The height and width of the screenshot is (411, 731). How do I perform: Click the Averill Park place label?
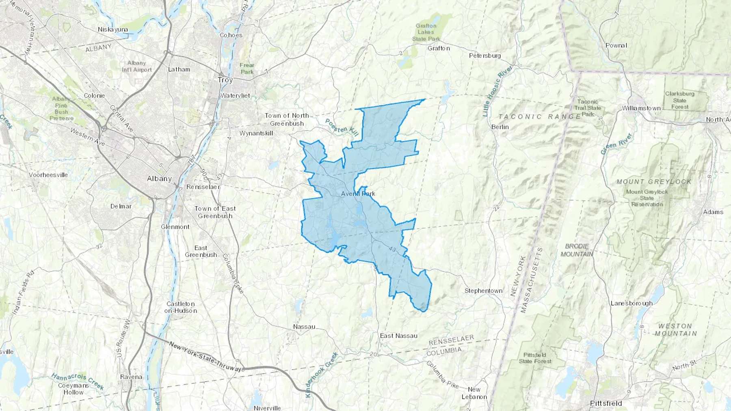358,194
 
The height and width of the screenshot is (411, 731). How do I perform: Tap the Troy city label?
225,80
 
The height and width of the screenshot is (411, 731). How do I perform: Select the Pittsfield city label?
606,403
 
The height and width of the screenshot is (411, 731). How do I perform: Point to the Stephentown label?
483,291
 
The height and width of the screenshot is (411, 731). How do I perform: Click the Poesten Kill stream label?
342,127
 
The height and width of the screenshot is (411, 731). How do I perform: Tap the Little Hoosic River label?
497,91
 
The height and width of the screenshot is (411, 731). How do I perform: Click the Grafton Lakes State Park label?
426,32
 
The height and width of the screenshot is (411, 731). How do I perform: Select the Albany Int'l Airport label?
137,66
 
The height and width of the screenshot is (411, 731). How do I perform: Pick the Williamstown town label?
641,108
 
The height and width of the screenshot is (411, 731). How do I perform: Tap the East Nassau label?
398,336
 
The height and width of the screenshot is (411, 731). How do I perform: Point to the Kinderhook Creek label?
322,374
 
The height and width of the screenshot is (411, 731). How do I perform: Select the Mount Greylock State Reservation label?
647,198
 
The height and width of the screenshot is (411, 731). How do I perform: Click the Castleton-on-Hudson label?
181,307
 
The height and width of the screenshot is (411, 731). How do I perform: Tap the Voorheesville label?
48,175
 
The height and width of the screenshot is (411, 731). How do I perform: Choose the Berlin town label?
500,127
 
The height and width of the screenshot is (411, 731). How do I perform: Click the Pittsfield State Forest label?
535,358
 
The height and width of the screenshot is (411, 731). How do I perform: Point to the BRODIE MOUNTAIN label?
577,250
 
